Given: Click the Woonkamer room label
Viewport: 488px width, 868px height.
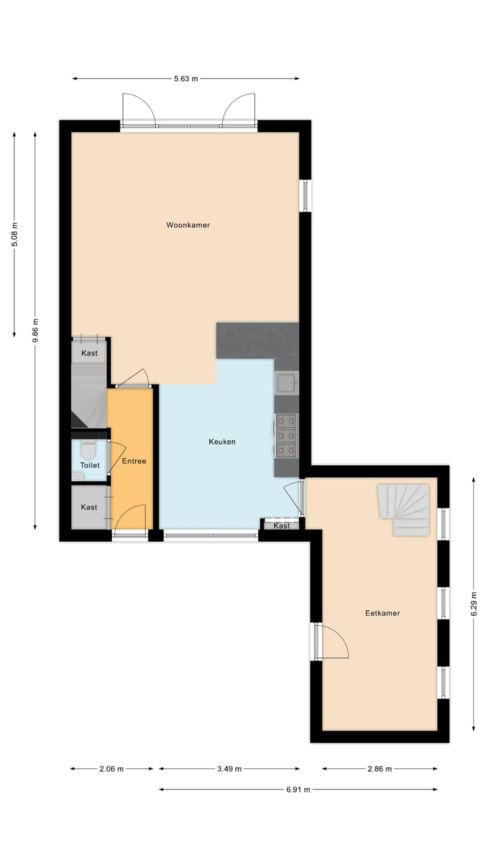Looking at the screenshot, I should (188, 225).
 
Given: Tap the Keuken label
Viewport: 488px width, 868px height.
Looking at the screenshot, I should (222, 442).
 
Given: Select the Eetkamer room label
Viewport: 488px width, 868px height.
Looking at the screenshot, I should (382, 613).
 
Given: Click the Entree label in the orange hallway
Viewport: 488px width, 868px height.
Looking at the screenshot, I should (134, 461).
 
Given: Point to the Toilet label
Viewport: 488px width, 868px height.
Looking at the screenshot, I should (90, 466).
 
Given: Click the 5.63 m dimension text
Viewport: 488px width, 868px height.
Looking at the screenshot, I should (186, 79).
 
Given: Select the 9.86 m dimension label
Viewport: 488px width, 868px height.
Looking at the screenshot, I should (35, 332).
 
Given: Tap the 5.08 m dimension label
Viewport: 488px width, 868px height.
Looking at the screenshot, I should (15, 235).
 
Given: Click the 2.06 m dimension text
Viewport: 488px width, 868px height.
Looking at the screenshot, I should (111, 769).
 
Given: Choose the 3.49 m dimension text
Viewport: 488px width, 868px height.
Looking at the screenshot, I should (229, 769).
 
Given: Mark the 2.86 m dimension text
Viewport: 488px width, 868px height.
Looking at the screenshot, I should (380, 769).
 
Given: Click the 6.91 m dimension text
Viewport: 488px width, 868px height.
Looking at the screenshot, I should (298, 789).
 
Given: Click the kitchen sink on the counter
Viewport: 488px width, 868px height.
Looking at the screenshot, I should (286, 383).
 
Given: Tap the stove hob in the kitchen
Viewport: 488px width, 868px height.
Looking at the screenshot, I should (286, 435).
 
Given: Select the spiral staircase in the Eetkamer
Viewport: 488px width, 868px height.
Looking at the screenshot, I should (404, 509).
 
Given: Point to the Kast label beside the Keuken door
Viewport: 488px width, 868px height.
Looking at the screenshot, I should (282, 526).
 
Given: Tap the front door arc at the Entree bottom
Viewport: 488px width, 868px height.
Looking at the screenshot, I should (130, 519).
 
